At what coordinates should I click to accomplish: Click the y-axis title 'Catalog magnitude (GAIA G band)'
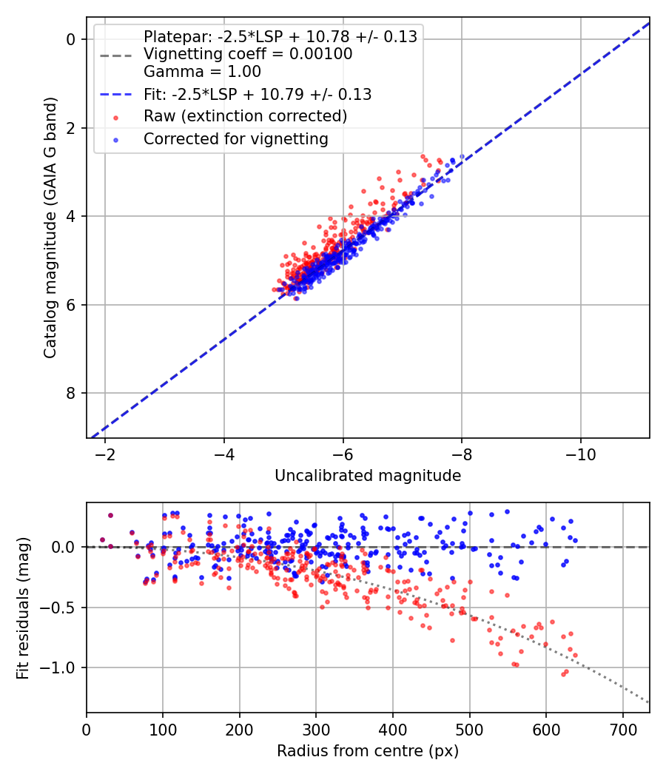(x=50, y=227)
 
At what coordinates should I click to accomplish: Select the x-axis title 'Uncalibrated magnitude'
(x=368, y=476)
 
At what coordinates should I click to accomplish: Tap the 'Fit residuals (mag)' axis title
(x=23, y=608)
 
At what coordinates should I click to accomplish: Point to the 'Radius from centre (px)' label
(x=368, y=751)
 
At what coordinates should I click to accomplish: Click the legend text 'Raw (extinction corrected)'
(x=245, y=116)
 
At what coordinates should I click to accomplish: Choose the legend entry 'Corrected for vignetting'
(x=236, y=139)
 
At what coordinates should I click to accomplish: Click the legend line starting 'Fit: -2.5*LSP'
(x=258, y=94)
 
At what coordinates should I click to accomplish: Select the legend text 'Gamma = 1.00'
(x=202, y=72)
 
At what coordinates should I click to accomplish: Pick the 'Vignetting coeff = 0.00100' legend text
(x=248, y=54)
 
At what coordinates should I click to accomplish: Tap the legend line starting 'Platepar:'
(x=280, y=37)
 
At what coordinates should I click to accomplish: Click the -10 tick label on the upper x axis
(x=581, y=454)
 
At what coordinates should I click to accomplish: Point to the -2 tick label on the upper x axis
(x=105, y=454)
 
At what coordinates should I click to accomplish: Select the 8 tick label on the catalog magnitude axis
(x=71, y=393)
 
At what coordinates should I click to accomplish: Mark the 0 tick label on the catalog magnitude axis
(x=71, y=39)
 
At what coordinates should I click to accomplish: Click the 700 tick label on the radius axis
(x=622, y=730)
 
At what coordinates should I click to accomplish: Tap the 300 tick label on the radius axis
(x=316, y=730)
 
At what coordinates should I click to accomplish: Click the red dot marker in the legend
(x=116, y=118)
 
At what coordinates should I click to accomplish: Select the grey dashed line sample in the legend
(x=116, y=55)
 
